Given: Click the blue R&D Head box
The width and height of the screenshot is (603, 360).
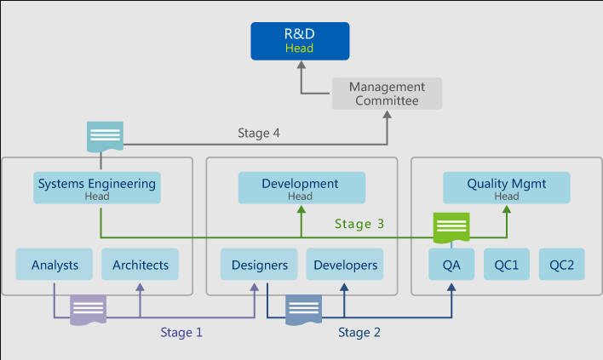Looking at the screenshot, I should point(299,41).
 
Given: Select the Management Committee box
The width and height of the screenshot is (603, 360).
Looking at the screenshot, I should point(387,94).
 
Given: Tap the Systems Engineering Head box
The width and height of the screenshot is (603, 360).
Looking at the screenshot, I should point(97,188).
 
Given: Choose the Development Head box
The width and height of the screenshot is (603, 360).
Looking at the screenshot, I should point(301,188).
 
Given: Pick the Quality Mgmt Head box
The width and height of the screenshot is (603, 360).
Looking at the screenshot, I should point(506,188).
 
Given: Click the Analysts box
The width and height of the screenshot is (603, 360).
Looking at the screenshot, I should point(55,265).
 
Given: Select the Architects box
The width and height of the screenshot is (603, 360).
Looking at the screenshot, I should point(141,265).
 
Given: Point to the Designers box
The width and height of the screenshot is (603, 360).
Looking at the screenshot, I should point(259,265).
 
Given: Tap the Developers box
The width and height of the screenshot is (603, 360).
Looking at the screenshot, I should point(344,265).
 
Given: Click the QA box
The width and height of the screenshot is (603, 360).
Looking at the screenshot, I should point(451,265).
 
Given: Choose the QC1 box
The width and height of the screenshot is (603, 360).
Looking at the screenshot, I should point(506,265).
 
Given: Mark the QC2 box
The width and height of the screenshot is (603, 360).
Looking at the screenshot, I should point(561,265).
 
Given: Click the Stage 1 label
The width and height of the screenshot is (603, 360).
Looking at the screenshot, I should point(181,333).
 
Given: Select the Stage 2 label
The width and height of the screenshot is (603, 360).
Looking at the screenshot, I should point(359,333).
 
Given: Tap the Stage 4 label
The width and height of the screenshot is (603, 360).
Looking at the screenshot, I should point(259,134).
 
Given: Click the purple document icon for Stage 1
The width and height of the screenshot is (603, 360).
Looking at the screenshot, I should point(89,308).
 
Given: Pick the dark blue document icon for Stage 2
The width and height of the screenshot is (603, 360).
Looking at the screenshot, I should point(303,308).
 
